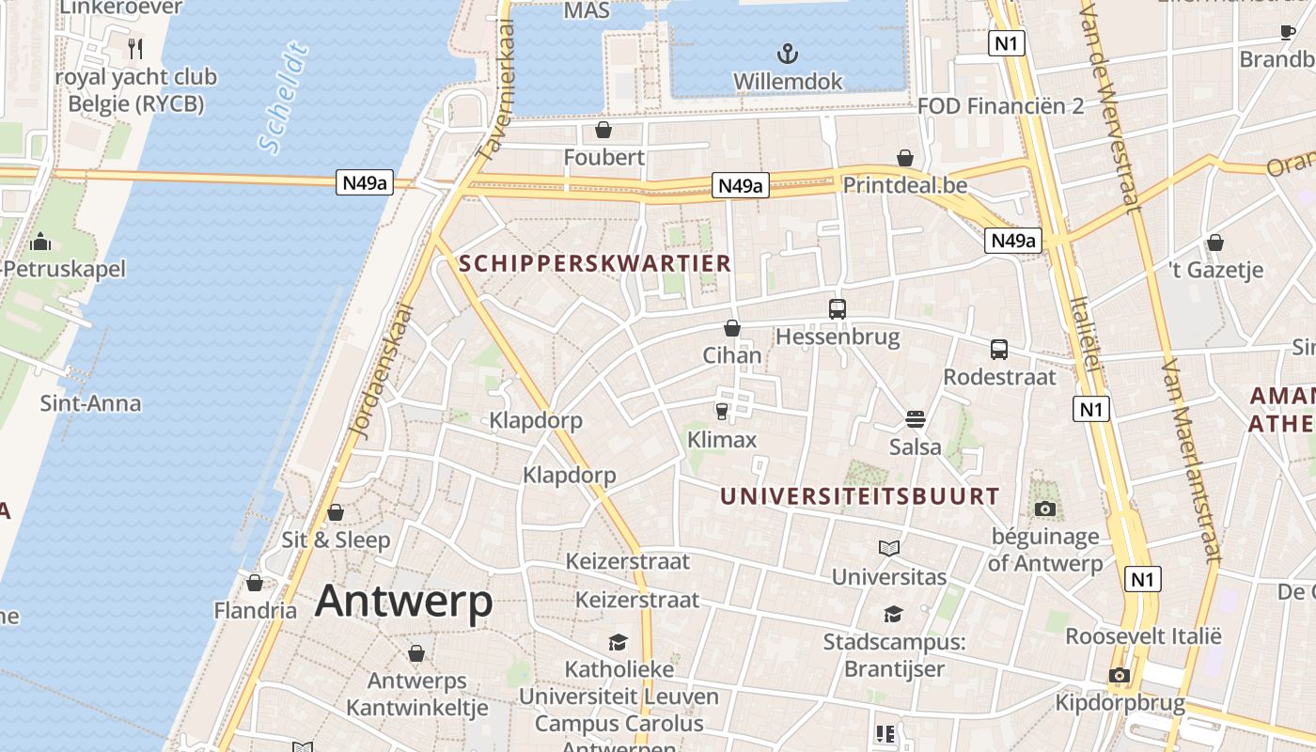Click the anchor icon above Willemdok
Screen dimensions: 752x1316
pyautogui.click(x=788, y=53)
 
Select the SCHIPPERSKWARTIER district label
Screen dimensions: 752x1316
pyautogui.click(x=595, y=263)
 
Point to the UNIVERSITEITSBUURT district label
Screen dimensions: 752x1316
pyautogui.click(x=860, y=496)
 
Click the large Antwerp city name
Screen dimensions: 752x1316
pyautogui.click(x=403, y=601)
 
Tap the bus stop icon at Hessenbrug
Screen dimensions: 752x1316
pyautogui.click(x=837, y=308)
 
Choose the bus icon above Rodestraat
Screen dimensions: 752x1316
pyautogui.click(x=998, y=350)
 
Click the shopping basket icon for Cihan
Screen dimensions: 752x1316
pyautogui.click(x=731, y=328)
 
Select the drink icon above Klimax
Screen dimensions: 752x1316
pyautogui.click(x=721, y=411)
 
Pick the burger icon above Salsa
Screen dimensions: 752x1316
pyautogui.click(x=916, y=418)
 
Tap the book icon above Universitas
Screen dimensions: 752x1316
pyautogui.click(x=888, y=548)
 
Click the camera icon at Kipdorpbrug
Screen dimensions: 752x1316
pyautogui.click(x=1118, y=675)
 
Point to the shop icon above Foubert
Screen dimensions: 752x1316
pyautogui.click(x=603, y=129)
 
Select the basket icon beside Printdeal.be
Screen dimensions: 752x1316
pyautogui.click(x=904, y=158)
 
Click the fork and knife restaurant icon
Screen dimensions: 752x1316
pyautogui.click(x=135, y=48)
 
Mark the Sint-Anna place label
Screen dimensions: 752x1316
pyautogui.click(x=90, y=404)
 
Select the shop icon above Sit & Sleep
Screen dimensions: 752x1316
pyautogui.click(x=335, y=512)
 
